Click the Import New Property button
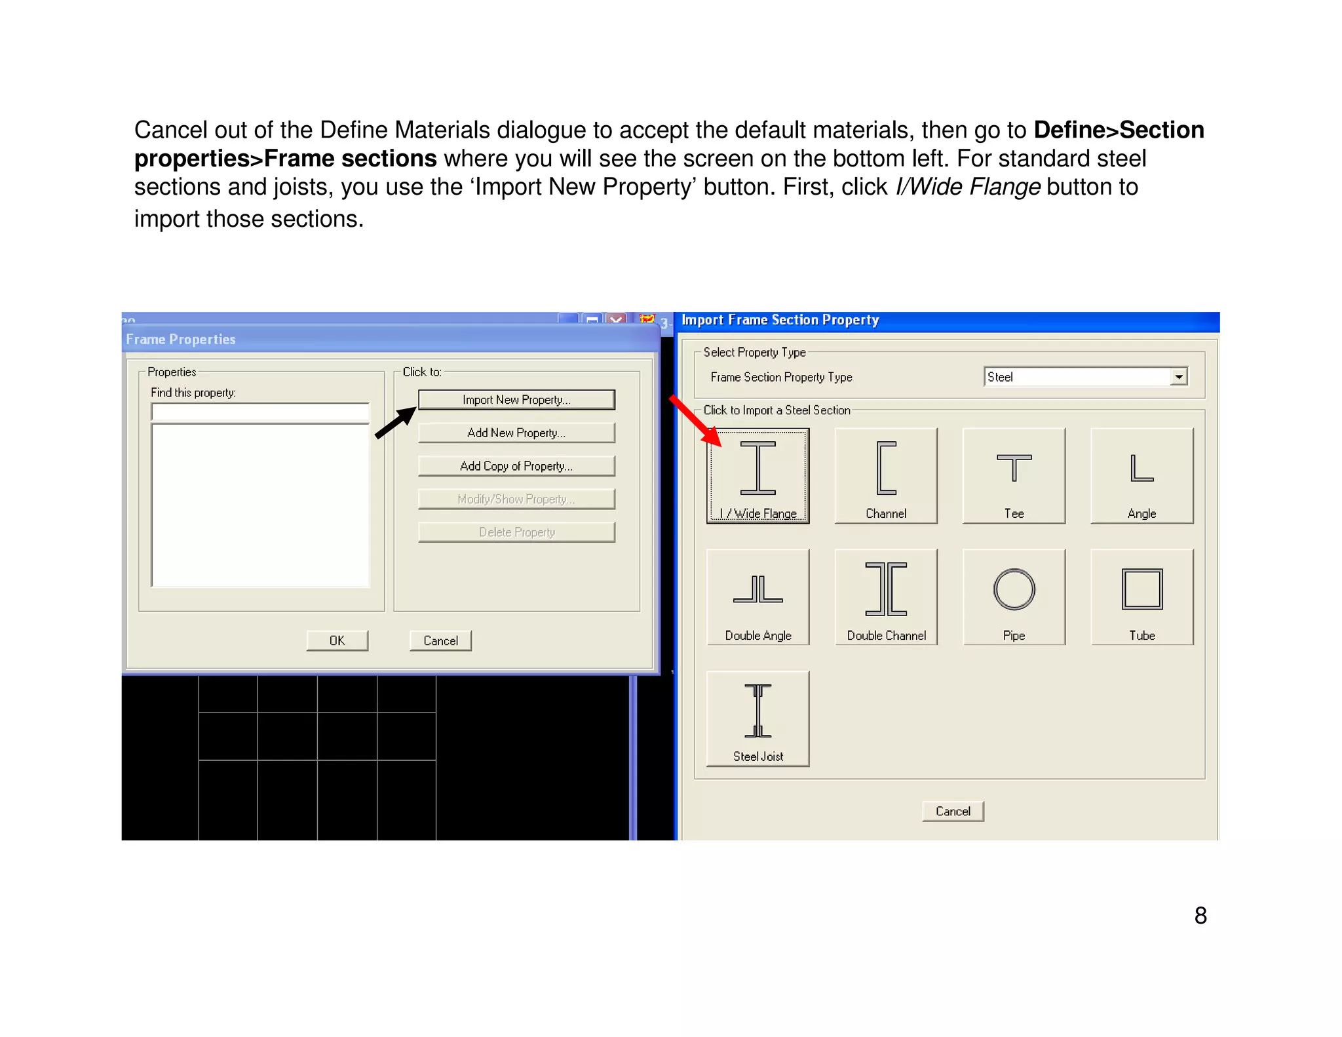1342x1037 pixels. [516, 400]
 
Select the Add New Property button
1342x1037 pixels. [516, 433]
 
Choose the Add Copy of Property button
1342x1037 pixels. [516, 466]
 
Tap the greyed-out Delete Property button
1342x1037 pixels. [516, 532]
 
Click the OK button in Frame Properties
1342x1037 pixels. [337, 640]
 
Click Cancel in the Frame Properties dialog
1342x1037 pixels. [440, 640]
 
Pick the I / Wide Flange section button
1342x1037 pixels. [758, 476]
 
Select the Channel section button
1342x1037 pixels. [886, 476]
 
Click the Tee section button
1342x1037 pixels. [1014, 476]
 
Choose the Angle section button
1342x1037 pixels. [1142, 476]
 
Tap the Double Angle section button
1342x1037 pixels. [758, 597]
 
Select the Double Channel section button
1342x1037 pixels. [886, 597]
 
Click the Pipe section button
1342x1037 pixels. [1014, 597]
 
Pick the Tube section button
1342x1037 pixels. [1142, 597]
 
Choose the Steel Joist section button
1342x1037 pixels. [758, 718]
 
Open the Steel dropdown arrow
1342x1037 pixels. [1179, 377]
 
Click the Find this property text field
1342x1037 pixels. [260, 412]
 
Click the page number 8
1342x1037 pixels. [1200, 916]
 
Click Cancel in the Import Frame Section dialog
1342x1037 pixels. [953, 812]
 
